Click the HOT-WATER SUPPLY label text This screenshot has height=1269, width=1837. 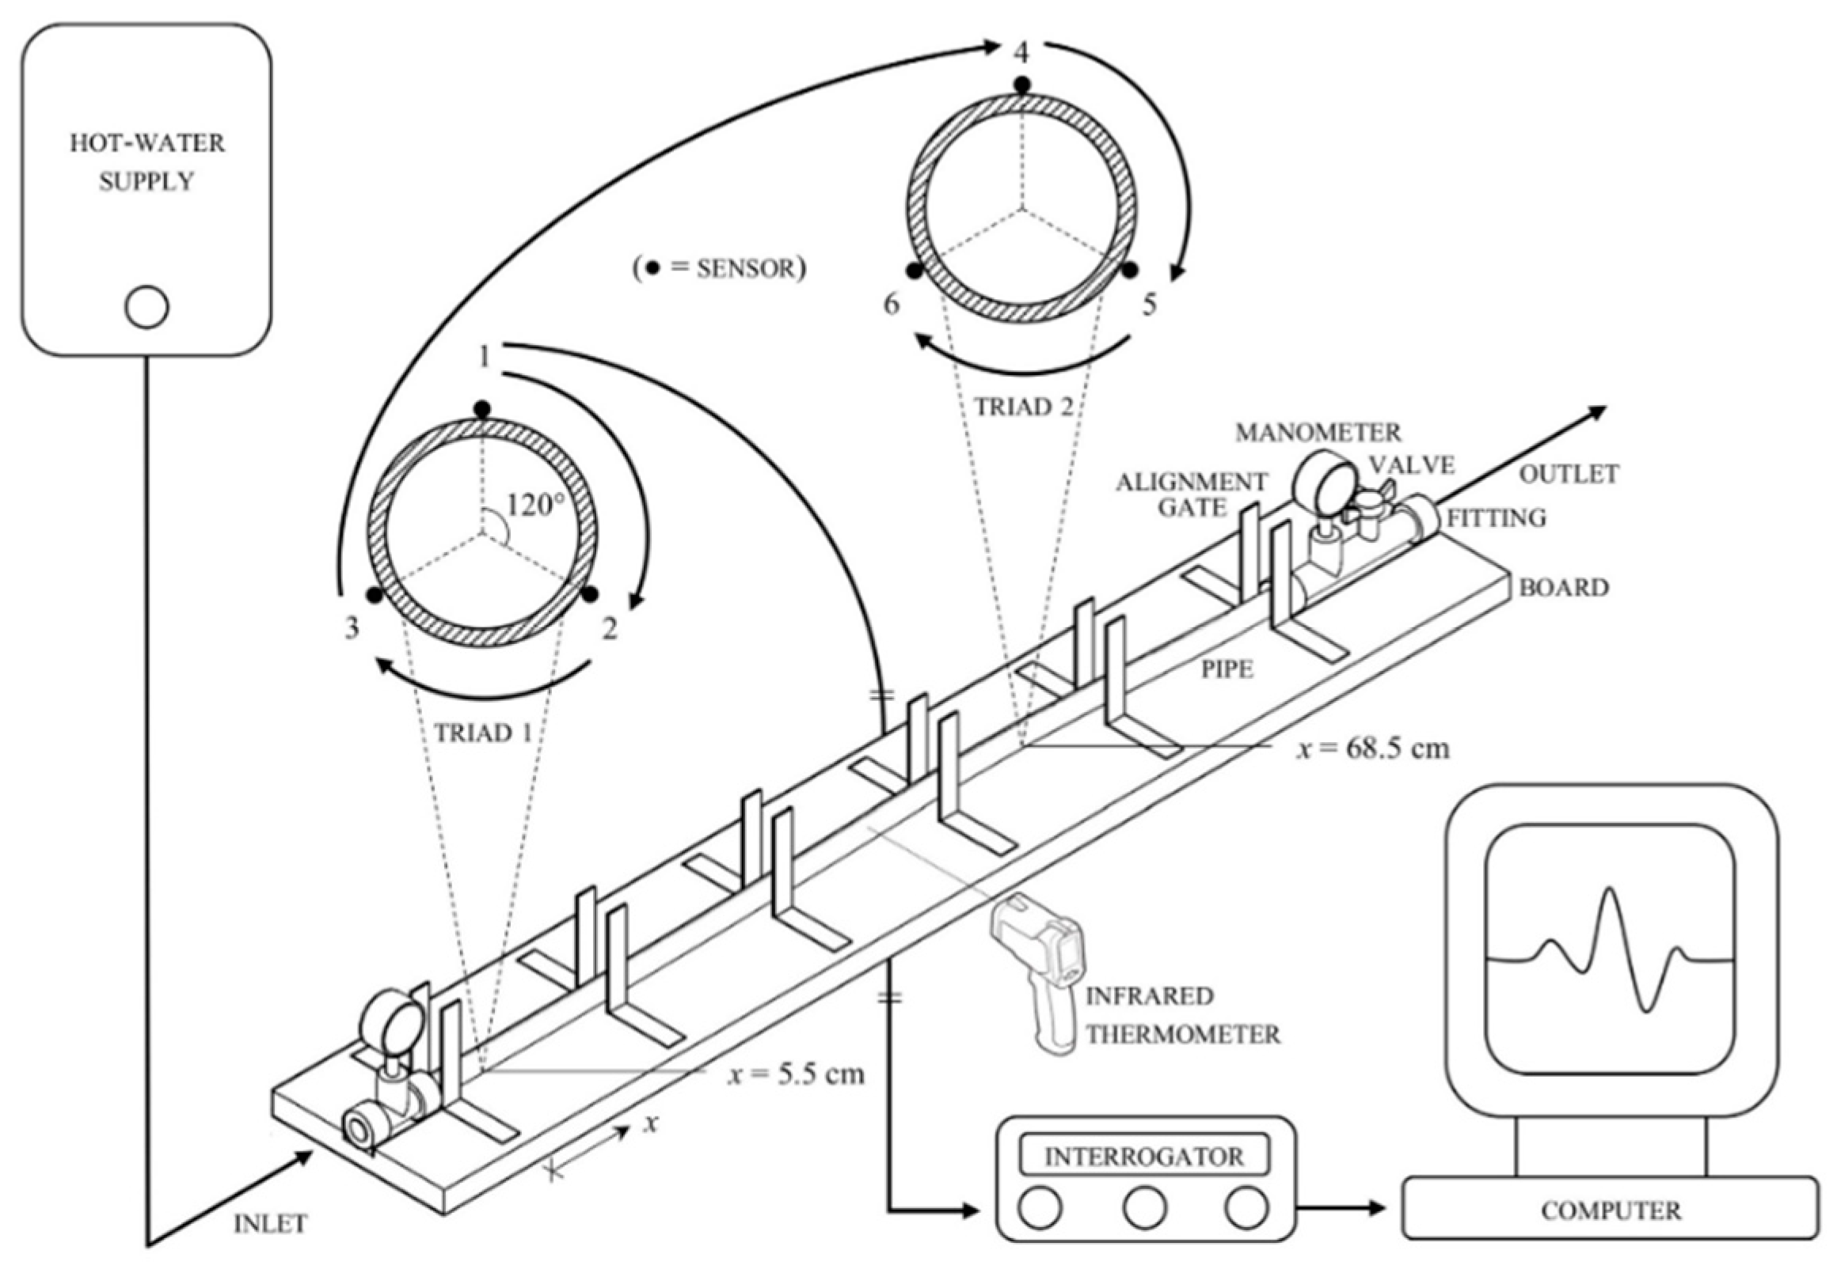point(147,162)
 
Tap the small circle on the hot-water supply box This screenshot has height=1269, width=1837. point(147,308)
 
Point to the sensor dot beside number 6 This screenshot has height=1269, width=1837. point(915,272)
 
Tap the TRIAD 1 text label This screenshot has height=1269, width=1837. point(483,733)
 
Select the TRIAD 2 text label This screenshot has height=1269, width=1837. point(1025,407)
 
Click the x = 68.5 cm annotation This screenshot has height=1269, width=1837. point(1372,748)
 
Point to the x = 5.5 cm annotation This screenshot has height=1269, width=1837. point(797,1074)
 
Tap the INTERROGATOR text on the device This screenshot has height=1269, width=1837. point(1144,1156)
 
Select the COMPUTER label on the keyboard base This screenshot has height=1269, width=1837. point(1611,1211)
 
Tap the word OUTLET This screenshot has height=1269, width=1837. point(1569,475)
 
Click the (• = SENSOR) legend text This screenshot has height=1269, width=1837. point(719,269)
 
